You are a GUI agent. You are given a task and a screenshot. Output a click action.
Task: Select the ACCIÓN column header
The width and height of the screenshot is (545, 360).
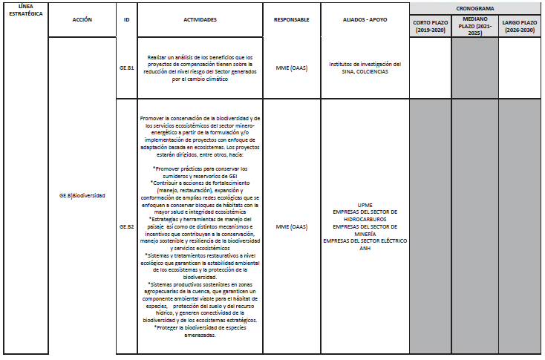pyautogui.click(x=82, y=20)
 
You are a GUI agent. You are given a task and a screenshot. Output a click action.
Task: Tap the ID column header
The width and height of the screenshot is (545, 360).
pyautogui.click(x=127, y=20)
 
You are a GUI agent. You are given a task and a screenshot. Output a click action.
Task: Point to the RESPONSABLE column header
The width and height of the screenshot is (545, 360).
pyautogui.click(x=291, y=20)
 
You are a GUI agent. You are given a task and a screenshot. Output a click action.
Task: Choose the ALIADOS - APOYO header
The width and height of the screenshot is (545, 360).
pyautogui.click(x=365, y=20)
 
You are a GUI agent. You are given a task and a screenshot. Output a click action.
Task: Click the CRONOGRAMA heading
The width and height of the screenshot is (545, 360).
pyautogui.click(x=476, y=6)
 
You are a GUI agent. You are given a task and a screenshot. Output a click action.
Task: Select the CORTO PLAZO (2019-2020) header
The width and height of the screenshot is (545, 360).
pyautogui.click(x=431, y=26)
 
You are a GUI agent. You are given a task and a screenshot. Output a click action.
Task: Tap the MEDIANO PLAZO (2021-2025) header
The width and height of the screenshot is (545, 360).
pyautogui.click(x=475, y=26)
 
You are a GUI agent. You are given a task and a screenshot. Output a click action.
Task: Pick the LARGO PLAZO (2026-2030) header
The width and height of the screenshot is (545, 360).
pyautogui.click(x=520, y=26)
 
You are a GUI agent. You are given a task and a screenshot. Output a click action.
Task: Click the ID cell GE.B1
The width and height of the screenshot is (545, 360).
pyautogui.click(x=127, y=68)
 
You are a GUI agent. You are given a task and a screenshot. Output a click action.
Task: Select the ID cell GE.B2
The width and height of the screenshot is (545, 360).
pyautogui.click(x=127, y=226)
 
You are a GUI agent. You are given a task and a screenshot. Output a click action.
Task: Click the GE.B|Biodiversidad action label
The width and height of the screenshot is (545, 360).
pyautogui.click(x=82, y=195)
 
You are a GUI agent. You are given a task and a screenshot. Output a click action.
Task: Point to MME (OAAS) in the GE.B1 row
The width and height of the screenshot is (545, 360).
pyautogui.click(x=291, y=68)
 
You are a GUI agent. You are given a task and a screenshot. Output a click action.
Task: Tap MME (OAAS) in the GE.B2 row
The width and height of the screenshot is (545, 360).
pyautogui.click(x=291, y=226)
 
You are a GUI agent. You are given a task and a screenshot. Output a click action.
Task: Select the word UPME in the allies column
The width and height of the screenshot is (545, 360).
pyautogui.click(x=365, y=204)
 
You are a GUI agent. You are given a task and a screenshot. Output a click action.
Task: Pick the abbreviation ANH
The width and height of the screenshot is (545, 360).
pyautogui.click(x=365, y=248)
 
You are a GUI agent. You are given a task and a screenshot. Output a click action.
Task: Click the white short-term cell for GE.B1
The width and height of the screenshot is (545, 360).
pyautogui.click(x=431, y=68)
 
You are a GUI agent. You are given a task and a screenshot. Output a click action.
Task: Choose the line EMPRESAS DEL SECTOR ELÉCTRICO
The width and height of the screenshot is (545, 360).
pyautogui.click(x=365, y=240)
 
